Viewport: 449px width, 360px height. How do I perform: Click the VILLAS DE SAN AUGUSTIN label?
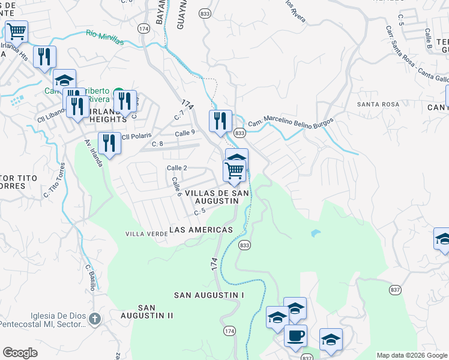(x=216, y=197)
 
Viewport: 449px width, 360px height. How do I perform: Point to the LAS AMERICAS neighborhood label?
(x=201, y=230)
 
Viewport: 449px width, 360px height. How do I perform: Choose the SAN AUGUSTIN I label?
(x=209, y=295)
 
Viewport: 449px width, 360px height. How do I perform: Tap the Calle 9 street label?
(x=185, y=133)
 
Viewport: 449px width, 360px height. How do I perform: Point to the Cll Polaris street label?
(x=137, y=136)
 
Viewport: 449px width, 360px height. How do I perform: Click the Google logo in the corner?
(x=20, y=352)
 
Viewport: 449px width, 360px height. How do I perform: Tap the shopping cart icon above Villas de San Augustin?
(x=234, y=170)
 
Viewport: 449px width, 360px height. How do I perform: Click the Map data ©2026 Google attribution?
(x=411, y=355)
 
